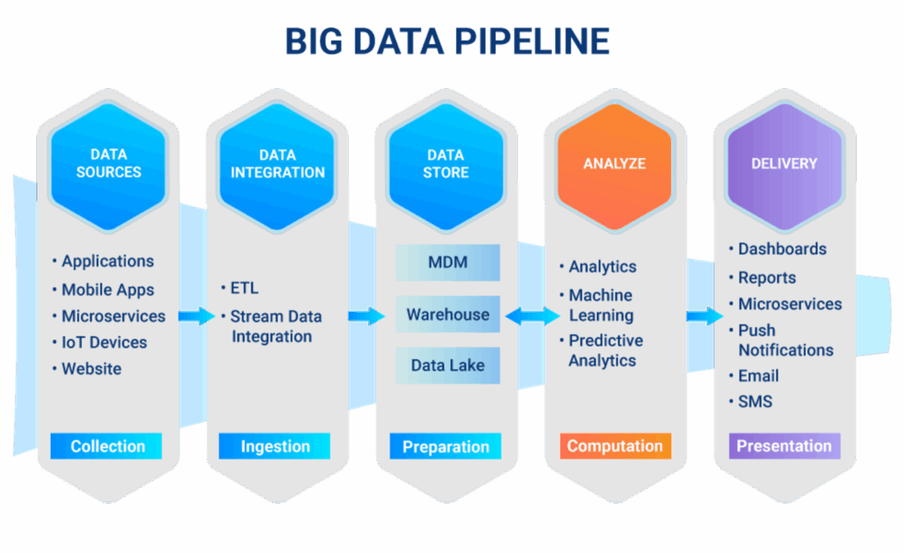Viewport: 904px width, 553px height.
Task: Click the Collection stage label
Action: (x=107, y=446)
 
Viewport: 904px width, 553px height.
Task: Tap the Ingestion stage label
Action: (x=275, y=446)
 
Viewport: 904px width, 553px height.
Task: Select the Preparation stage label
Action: (x=445, y=446)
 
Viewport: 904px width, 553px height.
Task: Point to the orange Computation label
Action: (x=615, y=446)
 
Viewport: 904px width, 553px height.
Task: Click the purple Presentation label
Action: (x=784, y=446)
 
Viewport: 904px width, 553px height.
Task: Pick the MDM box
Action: (x=448, y=262)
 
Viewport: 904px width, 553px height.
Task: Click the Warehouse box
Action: (x=448, y=315)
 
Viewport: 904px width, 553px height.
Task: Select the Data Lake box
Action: (x=448, y=366)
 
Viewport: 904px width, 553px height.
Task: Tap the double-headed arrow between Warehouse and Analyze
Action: (x=532, y=316)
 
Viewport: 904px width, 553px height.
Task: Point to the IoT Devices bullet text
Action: (x=104, y=342)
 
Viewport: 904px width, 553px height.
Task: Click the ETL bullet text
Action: (x=244, y=288)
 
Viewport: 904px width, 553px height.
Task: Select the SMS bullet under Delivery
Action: (x=755, y=402)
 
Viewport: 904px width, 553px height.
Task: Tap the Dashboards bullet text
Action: (x=782, y=249)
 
